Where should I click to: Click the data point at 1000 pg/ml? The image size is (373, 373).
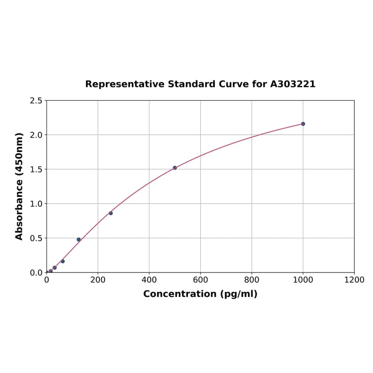pos(303,124)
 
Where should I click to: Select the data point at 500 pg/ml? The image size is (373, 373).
pos(175,168)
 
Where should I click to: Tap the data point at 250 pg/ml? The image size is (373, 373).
pos(111,213)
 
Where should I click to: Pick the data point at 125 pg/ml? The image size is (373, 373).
pos(79,240)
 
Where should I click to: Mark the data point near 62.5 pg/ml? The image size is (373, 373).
pos(62,261)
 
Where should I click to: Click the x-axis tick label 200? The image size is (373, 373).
pos(98,280)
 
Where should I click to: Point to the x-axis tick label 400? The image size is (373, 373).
pos(149,280)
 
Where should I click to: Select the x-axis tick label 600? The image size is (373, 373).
pos(200,280)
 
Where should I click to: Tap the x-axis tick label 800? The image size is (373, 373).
pos(251,280)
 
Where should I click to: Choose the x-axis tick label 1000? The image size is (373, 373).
pos(303,280)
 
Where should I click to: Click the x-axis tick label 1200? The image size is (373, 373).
pos(354,280)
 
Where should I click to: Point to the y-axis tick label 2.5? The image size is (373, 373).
pos(36,101)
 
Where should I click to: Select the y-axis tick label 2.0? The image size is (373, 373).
pos(36,135)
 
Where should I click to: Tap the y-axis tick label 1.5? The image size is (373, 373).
pos(36,169)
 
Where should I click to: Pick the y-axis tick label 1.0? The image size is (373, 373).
pos(36,204)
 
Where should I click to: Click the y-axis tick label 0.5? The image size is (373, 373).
pos(36,238)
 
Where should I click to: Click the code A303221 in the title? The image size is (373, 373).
pos(293,84)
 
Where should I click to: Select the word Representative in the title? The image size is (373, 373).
pos(125,84)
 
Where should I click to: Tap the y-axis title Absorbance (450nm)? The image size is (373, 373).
pos(20,186)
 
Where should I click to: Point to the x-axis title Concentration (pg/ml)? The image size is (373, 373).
pos(200,294)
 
